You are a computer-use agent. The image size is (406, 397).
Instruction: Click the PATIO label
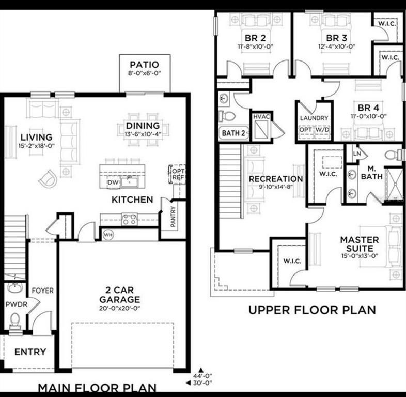tap(144, 65)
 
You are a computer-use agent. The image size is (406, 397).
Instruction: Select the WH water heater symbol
tap(108, 235)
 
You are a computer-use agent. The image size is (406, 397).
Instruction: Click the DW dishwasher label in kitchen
tap(113, 182)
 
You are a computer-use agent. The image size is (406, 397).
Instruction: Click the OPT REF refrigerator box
tap(177, 174)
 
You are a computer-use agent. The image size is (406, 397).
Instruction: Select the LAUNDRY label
tap(314, 118)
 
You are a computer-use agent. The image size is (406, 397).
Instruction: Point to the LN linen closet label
tap(356, 154)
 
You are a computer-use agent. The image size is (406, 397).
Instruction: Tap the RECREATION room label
tap(276, 179)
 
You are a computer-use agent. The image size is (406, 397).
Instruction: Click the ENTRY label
tap(30, 352)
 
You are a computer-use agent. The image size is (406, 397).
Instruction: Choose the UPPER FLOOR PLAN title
tap(312, 310)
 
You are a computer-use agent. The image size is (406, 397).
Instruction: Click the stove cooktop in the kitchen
tap(129, 219)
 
